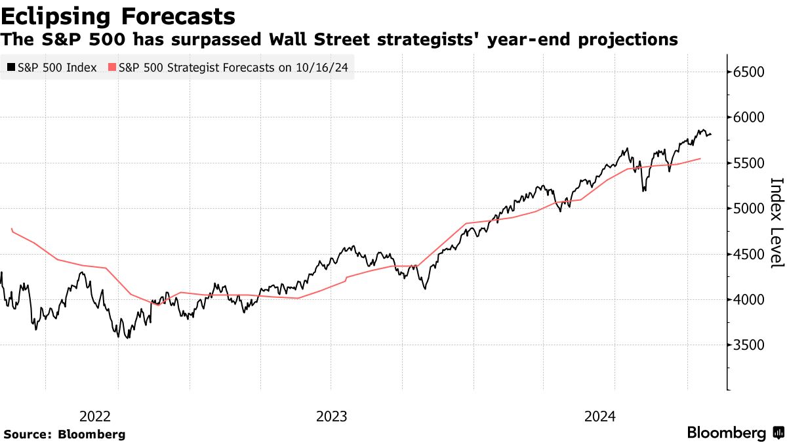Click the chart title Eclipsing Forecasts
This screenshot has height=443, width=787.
118,16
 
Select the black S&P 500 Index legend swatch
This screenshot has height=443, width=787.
12,67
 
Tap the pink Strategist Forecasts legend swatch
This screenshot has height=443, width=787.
112,67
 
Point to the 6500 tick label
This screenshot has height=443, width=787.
749,72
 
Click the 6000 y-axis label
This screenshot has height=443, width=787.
749,117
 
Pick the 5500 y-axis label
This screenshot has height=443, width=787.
749,163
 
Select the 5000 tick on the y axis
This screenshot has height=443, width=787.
749,209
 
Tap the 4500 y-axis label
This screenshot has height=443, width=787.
749,255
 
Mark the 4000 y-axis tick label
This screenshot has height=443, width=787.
749,300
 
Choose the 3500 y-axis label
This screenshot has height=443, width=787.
749,345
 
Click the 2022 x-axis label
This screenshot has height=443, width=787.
95,416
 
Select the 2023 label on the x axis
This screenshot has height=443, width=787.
332,416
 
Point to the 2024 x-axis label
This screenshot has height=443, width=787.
599,416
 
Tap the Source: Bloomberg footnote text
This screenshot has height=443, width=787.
64,434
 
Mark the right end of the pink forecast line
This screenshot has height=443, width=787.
700,158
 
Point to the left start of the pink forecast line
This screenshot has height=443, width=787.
12,229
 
